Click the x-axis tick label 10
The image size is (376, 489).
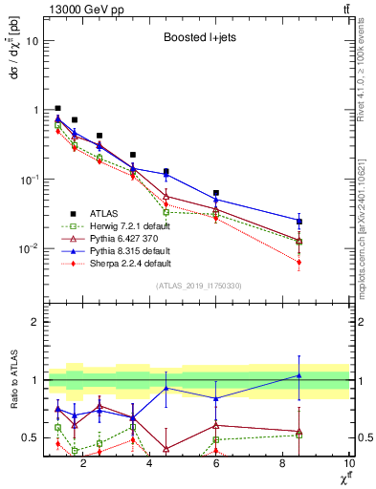[x=348, y=465]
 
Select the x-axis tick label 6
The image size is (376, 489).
[x=216, y=465]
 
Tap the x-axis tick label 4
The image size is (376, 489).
[x=149, y=465]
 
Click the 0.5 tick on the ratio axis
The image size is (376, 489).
[x=31, y=438]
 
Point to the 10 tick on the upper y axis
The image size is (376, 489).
[x=32, y=41]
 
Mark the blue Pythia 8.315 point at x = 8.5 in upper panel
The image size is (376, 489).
[x=299, y=222]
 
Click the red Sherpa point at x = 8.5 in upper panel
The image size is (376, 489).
[x=299, y=262]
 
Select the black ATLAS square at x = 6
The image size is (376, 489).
[x=216, y=193]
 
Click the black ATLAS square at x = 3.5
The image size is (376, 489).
[x=133, y=155]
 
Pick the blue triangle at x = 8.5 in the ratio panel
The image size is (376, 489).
[x=299, y=375]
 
